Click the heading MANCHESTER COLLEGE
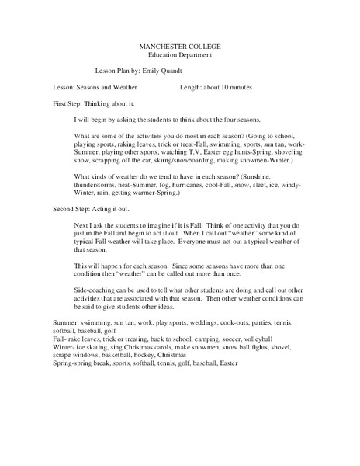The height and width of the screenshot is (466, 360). point(179,48)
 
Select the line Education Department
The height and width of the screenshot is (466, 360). point(179,57)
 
